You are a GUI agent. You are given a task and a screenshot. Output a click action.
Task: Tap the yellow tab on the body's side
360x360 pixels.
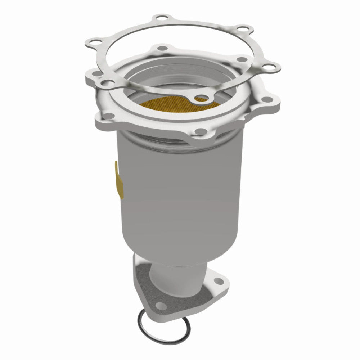click(x=118, y=180)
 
